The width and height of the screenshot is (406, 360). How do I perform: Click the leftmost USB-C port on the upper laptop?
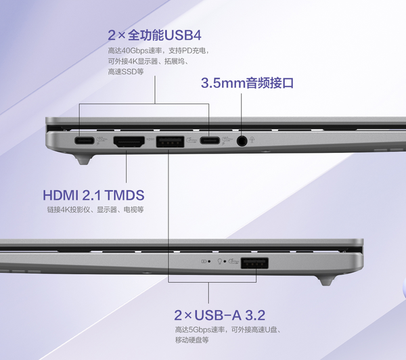84,141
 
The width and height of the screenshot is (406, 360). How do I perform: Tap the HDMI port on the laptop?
129,141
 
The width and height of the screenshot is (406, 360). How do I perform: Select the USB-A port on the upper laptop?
170,141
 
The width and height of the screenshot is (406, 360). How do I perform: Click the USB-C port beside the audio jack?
210,141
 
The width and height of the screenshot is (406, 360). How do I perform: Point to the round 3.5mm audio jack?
242,141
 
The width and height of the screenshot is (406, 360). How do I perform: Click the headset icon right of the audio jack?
252,140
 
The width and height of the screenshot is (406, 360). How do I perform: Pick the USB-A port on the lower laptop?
254,263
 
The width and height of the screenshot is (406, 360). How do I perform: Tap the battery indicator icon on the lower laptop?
204,261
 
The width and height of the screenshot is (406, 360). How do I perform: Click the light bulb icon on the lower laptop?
220,261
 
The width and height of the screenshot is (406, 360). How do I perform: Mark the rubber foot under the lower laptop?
325,281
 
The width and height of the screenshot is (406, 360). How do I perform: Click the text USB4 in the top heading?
183,35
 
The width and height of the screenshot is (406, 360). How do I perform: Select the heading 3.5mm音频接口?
247,83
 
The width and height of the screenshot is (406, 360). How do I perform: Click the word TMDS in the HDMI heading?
125,196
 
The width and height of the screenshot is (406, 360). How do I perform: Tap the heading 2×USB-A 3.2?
219,315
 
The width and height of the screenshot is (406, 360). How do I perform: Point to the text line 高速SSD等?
126,72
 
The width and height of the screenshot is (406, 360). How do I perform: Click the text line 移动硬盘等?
192,340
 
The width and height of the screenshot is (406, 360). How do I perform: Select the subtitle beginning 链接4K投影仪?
95,209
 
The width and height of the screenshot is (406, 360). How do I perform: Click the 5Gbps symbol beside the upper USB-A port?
191,140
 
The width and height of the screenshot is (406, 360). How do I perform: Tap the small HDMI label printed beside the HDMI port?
150,139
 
